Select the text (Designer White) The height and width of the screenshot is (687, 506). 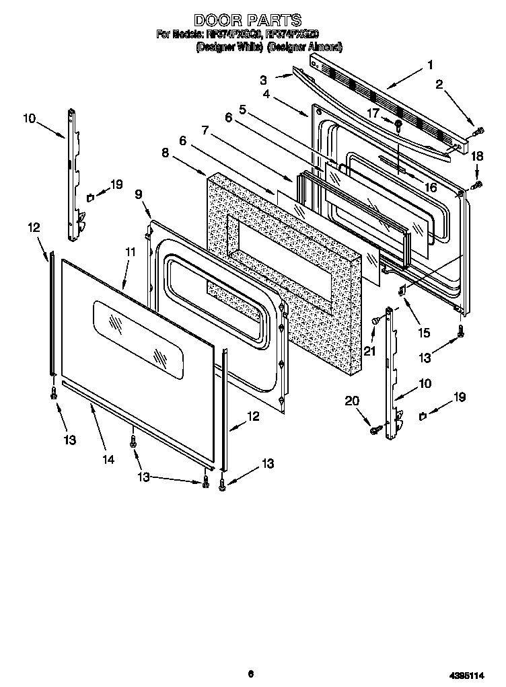coord(229,48)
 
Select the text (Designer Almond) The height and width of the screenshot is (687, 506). coord(305,48)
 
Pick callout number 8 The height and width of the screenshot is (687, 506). coord(165,153)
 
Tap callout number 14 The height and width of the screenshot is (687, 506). coord(108,460)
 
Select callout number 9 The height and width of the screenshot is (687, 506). coord(139,194)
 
